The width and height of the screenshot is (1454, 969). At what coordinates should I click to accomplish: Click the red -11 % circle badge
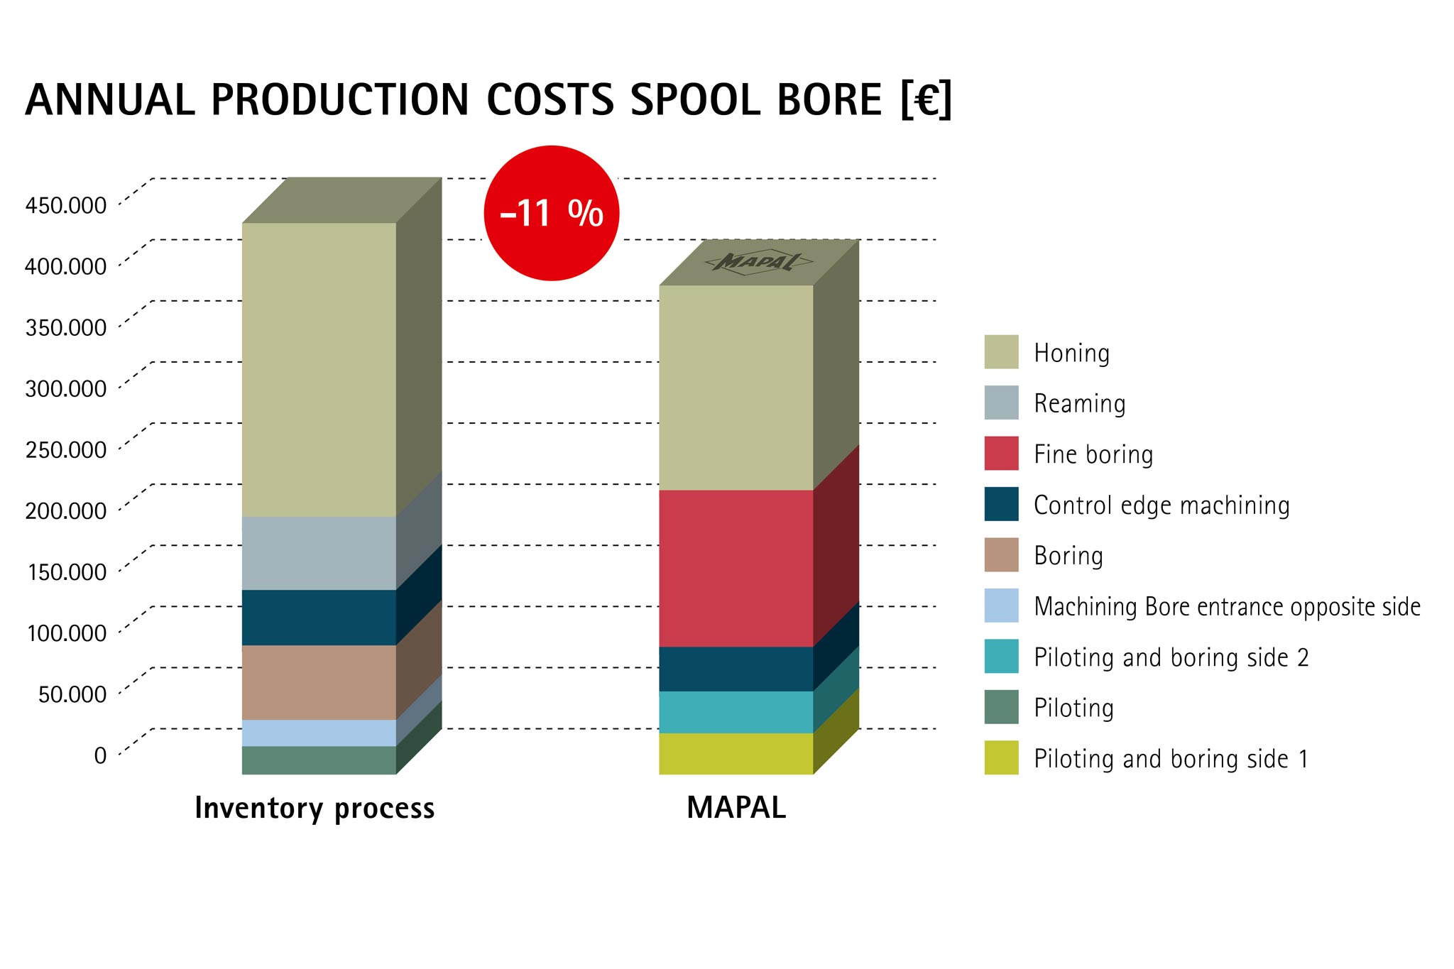(x=552, y=213)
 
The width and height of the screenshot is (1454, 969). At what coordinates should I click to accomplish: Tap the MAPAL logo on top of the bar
(x=758, y=262)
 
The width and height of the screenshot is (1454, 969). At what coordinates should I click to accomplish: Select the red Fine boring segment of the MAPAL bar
(x=736, y=568)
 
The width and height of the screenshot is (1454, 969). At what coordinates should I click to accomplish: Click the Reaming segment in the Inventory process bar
(x=319, y=553)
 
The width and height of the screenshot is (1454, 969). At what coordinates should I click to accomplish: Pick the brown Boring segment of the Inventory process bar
(x=319, y=682)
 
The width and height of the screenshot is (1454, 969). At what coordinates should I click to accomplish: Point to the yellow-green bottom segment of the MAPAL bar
(x=736, y=753)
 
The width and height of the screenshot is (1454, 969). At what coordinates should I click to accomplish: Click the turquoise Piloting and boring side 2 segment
(x=736, y=712)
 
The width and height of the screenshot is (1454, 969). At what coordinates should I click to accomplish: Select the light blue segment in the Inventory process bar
(x=319, y=733)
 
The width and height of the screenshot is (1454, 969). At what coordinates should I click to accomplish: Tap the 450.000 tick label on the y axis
(x=66, y=206)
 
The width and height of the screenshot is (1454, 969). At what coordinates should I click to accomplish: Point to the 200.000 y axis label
(x=66, y=511)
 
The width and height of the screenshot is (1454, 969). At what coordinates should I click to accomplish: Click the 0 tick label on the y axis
(x=100, y=755)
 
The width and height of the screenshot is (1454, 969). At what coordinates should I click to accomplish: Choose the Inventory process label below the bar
(x=315, y=809)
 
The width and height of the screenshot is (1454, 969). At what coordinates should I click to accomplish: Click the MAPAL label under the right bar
(x=736, y=808)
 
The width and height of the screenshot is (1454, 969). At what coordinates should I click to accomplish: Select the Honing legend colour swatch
(x=1001, y=352)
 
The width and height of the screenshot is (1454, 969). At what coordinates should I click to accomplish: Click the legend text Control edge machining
(x=1161, y=505)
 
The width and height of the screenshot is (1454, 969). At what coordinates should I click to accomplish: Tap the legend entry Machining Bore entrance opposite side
(x=1227, y=607)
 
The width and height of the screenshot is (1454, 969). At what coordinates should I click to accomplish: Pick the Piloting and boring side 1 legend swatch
(x=1001, y=757)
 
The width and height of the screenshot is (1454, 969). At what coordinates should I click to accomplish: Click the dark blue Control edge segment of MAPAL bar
(x=736, y=669)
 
